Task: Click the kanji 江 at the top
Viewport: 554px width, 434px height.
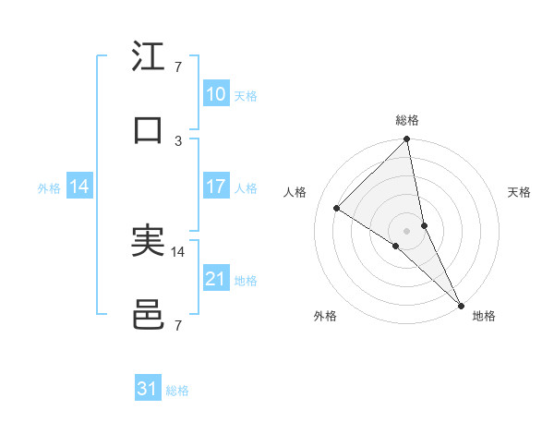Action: pyautogui.click(x=148, y=57)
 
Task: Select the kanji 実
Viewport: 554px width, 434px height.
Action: pyautogui.click(x=148, y=241)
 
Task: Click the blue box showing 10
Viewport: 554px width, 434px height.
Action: pyautogui.click(x=215, y=94)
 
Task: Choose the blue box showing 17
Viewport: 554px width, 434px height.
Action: pyautogui.click(x=215, y=187)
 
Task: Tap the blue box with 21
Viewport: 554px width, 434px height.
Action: pyautogui.click(x=215, y=279)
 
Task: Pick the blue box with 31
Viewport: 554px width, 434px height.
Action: pyautogui.click(x=148, y=389)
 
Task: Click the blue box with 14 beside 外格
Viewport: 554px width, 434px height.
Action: pyautogui.click(x=79, y=187)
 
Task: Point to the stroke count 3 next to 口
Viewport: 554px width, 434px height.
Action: pyautogui.click(x=178, y=140)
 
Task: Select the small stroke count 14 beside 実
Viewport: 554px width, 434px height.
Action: pyautogui.click(x=178, y=251)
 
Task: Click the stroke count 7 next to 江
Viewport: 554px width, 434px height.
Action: pyautogui.click(x=178, y=67)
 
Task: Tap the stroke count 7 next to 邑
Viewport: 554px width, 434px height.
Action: pyautogui.click(x=178, y=325)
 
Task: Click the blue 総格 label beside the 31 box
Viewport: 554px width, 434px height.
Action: pyautogui.click(x=177, y=391)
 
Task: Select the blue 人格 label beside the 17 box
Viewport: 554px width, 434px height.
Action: pyautogui.click(x=246, y=188)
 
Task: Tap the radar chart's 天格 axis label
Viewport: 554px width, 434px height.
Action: pyautogui.click(x=520, y=192)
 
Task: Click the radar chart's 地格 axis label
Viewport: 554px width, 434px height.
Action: pyautogui.click(x=484, y=316)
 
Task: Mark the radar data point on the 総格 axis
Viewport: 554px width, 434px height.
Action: pyautogui.click(x=406, y=140)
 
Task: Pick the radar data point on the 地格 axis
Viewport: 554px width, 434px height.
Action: pyautogui.click(x=461, y=305)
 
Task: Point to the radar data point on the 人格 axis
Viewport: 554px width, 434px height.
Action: pyautogui.click(x=337, y=209)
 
